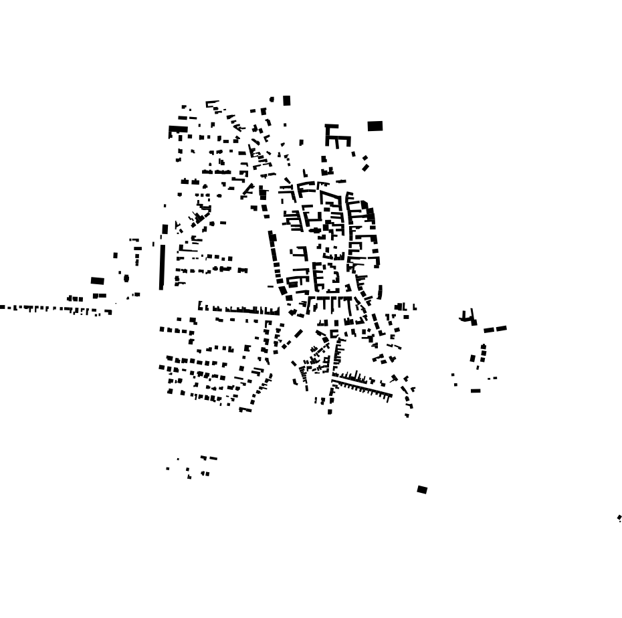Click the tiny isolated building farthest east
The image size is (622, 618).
point(619,518)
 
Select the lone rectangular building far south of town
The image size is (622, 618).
point(422,490)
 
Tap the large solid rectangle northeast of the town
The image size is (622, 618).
point(375,126)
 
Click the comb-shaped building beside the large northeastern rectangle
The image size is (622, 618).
point(336,136)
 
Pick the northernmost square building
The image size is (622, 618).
point(287,101)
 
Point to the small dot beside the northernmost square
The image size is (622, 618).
point(272,100)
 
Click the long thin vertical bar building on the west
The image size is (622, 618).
point(162,267)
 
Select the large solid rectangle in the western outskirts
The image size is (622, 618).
point(98,281)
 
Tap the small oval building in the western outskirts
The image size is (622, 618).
point(126,278)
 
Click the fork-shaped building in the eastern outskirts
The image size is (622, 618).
point(468,317)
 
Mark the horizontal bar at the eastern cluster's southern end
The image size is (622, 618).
point(476,391)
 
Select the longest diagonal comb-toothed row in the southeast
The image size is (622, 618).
point(361,386)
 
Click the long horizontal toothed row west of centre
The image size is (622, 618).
point(239,310)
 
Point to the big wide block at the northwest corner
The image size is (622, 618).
point(178,130)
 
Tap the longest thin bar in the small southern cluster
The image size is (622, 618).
point(209,458)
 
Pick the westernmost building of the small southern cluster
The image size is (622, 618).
point(168,468)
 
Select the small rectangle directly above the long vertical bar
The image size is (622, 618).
point(165,229)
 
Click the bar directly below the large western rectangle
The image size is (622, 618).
point(100,296)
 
